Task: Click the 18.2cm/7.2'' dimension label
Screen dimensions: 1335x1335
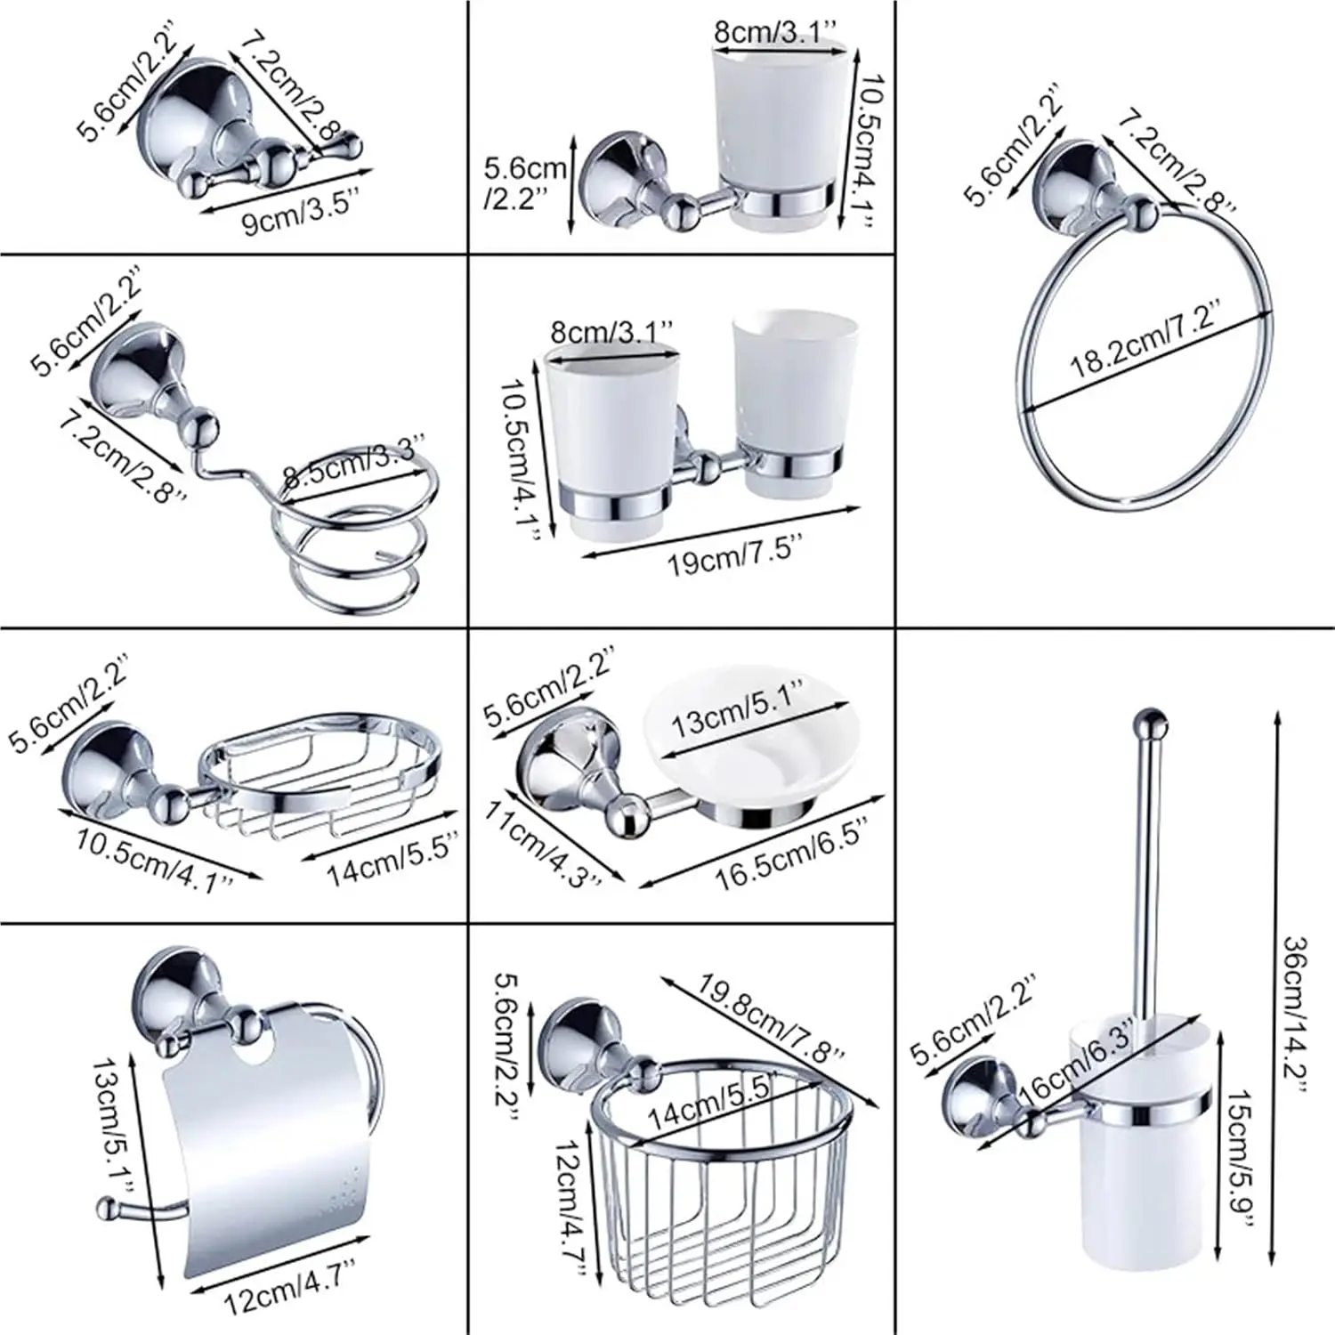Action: (1145, 339)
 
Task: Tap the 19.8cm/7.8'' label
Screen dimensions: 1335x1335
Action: (770, 1018)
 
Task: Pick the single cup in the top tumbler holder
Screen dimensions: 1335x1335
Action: (775, 133)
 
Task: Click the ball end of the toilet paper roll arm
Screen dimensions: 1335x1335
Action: (107, 1209)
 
